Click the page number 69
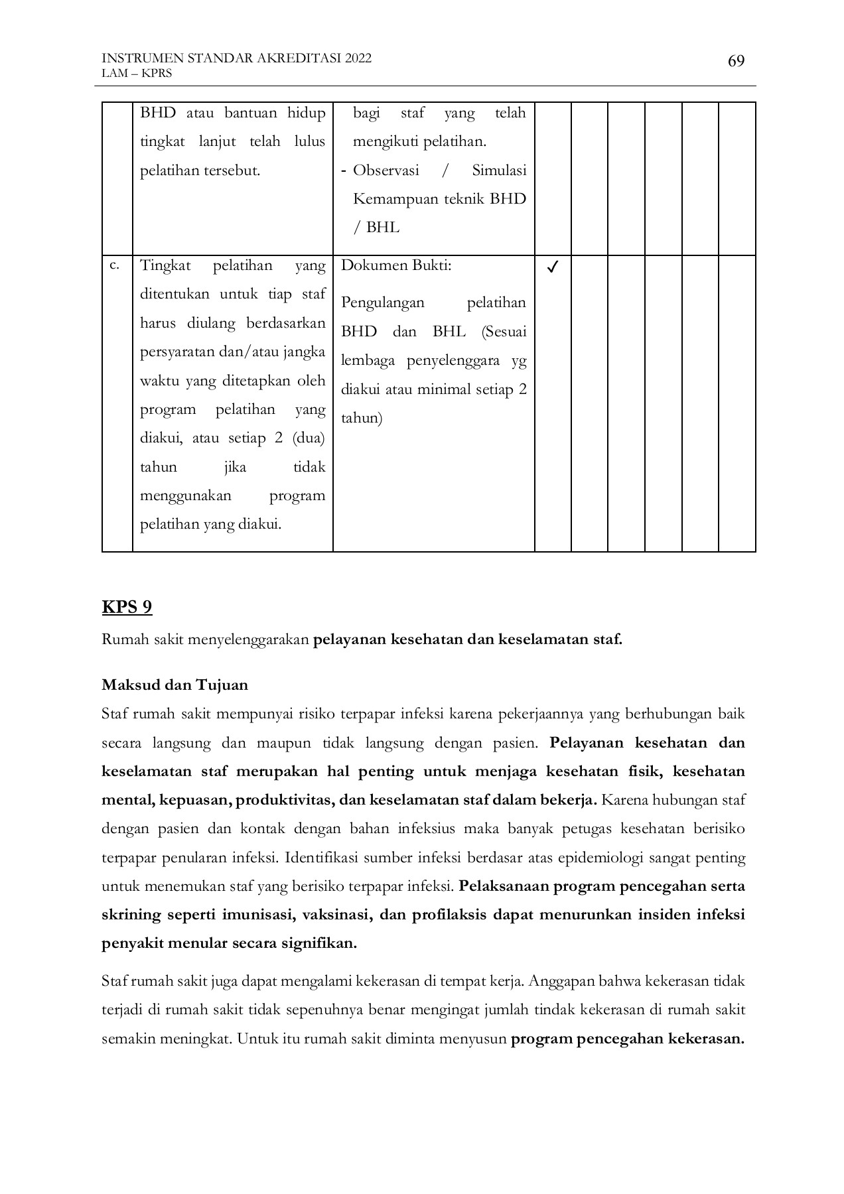(x=736, y=62)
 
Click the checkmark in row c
(x=552, y=267)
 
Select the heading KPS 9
(x=127, y=607)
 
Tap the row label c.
(x=114, y=265)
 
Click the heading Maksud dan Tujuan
(x=175, y=685)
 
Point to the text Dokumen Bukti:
(x=396, y=265)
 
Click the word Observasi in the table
(x=386, y=170)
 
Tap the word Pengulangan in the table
(x=382, y=302)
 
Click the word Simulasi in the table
(x=499, y=170)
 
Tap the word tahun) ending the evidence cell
(x=362, y=419)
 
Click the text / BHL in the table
(x=376, y=228)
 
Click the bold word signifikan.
(x=318, y=943)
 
